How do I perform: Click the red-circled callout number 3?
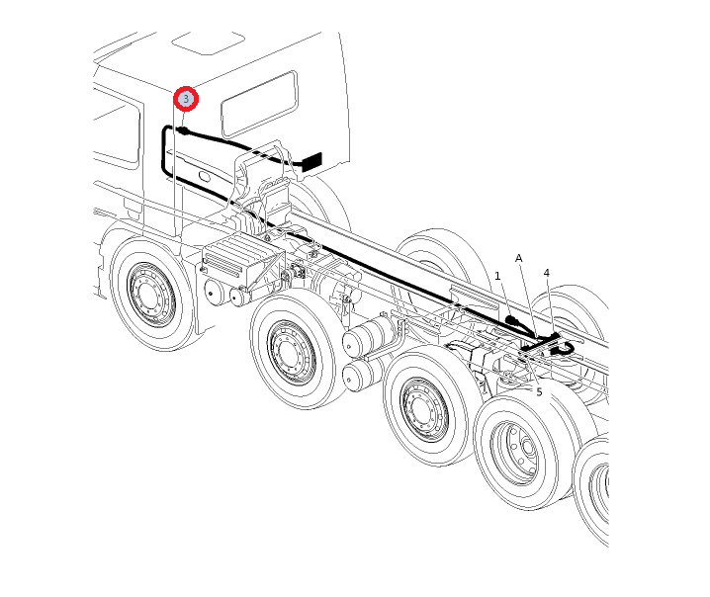pos(186,99)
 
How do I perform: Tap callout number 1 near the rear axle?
pos(497,276)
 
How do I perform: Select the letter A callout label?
pos(519,258)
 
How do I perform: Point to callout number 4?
pos(547,273)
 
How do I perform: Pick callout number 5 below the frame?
pos(539,392)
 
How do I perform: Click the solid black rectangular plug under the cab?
pos(311,161)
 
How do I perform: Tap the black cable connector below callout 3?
pos(183,130)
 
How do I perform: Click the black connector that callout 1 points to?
pos(511,321)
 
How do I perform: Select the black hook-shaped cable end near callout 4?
pos(565,348)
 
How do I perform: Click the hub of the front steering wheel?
pos(148,295)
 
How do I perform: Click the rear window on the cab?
pos(259,104)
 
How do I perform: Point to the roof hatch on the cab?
pos(209,43)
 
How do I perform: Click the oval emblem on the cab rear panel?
pos(204,175)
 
